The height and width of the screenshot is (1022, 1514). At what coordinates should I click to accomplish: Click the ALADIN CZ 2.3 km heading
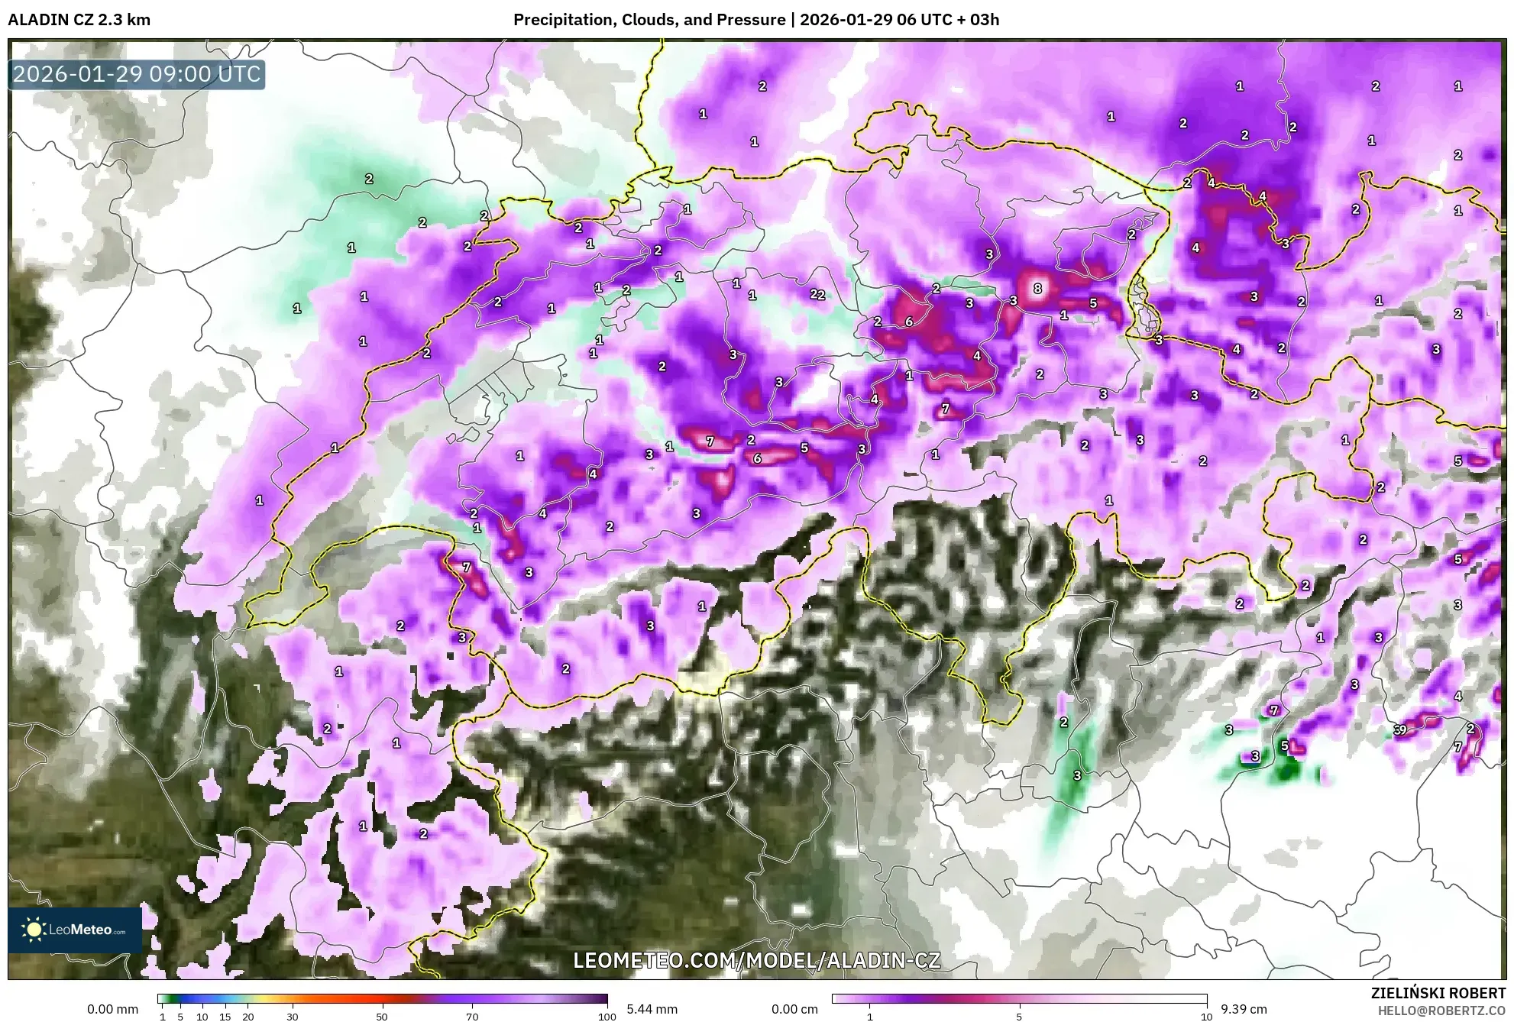pyautogui.click(x=79, y=20)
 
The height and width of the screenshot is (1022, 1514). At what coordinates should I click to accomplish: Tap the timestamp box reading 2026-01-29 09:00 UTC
pyautogui.click(x=137, y=74)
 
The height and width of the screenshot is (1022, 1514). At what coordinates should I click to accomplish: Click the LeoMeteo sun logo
pyautogui.click(x=34, y=930)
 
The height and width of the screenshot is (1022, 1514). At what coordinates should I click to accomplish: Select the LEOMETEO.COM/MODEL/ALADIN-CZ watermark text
pyautogui.click(x=756, y=960)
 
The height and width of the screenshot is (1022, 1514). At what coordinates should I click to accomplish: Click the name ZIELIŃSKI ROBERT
pyautogui.click(x=1438, y=993)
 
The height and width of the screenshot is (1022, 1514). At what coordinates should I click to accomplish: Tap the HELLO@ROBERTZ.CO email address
pyautogui.click(x=1441, y=1011)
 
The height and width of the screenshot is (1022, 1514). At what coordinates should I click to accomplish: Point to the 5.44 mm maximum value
pyautogui.click(x=652, y=1009)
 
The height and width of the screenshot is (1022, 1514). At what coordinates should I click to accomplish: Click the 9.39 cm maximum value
pyautogui.click(x=1244, y=1009)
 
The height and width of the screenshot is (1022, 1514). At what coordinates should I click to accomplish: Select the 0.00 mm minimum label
pyautogui.click(x=112, y=1009)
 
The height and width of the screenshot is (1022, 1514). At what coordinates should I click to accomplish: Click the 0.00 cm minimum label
pyautogui.click(x=794, y=1009)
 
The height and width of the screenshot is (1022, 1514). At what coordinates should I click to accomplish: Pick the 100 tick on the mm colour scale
pyautogui.click(x=607, y=1017)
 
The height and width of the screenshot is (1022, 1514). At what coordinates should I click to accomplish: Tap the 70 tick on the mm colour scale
pyautogui.click(x=472, y=1017)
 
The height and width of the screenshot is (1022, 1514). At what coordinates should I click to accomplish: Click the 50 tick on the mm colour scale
pyautogui.click(x=382, y=1017)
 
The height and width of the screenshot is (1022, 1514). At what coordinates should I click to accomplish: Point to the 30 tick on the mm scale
pyautogui.click(x=292, y=1017)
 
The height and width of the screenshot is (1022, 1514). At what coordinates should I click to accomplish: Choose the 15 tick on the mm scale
pyautogui.click(x=225, y=1017)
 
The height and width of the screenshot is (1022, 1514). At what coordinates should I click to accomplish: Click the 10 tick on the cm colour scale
pyautogui.click(x=1206, y=1017)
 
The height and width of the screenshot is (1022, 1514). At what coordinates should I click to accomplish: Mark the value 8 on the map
pyautogui.click(x=1037, y=289)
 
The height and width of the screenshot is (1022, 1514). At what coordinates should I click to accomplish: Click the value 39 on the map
pyautogui.click(x=1399, y=729)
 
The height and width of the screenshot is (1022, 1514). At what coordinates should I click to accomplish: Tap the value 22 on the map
pyautogui.click(x=817, y=294)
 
